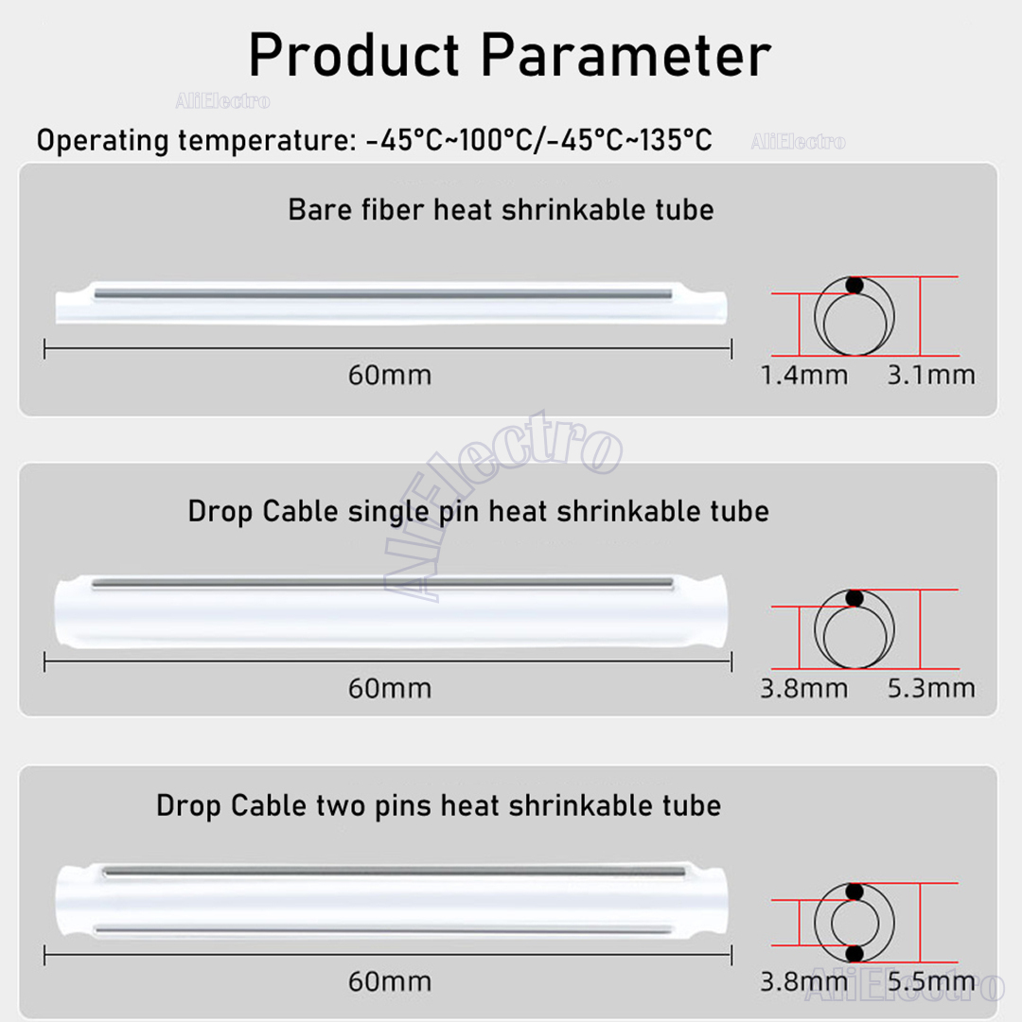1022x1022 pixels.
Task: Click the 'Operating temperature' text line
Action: point(374,141)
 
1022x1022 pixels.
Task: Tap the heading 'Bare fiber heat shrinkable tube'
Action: point(501,209)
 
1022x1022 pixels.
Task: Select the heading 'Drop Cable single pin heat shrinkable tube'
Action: point(478,511)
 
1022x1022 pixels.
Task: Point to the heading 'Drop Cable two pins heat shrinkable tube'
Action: point(438,805)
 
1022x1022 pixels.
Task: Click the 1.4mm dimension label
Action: point(804,375)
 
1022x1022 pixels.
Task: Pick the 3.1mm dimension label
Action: point(931,375)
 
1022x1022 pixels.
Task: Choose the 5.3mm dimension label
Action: point(931,688)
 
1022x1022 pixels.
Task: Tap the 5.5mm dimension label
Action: point(931,981)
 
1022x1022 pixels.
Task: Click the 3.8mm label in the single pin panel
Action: point(804,688)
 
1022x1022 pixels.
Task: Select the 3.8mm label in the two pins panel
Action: point(804,981)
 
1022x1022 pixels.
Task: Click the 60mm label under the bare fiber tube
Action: point(389,375)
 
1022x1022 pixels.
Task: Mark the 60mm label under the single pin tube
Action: point(389,688)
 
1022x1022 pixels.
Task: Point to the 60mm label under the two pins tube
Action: point(389,981)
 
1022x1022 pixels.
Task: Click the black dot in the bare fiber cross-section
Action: point(855,285)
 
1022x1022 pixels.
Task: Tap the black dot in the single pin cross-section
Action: point(855,598)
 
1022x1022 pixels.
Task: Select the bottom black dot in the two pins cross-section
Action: point(855,952)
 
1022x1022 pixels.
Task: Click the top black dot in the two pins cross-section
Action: point(855,891)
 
